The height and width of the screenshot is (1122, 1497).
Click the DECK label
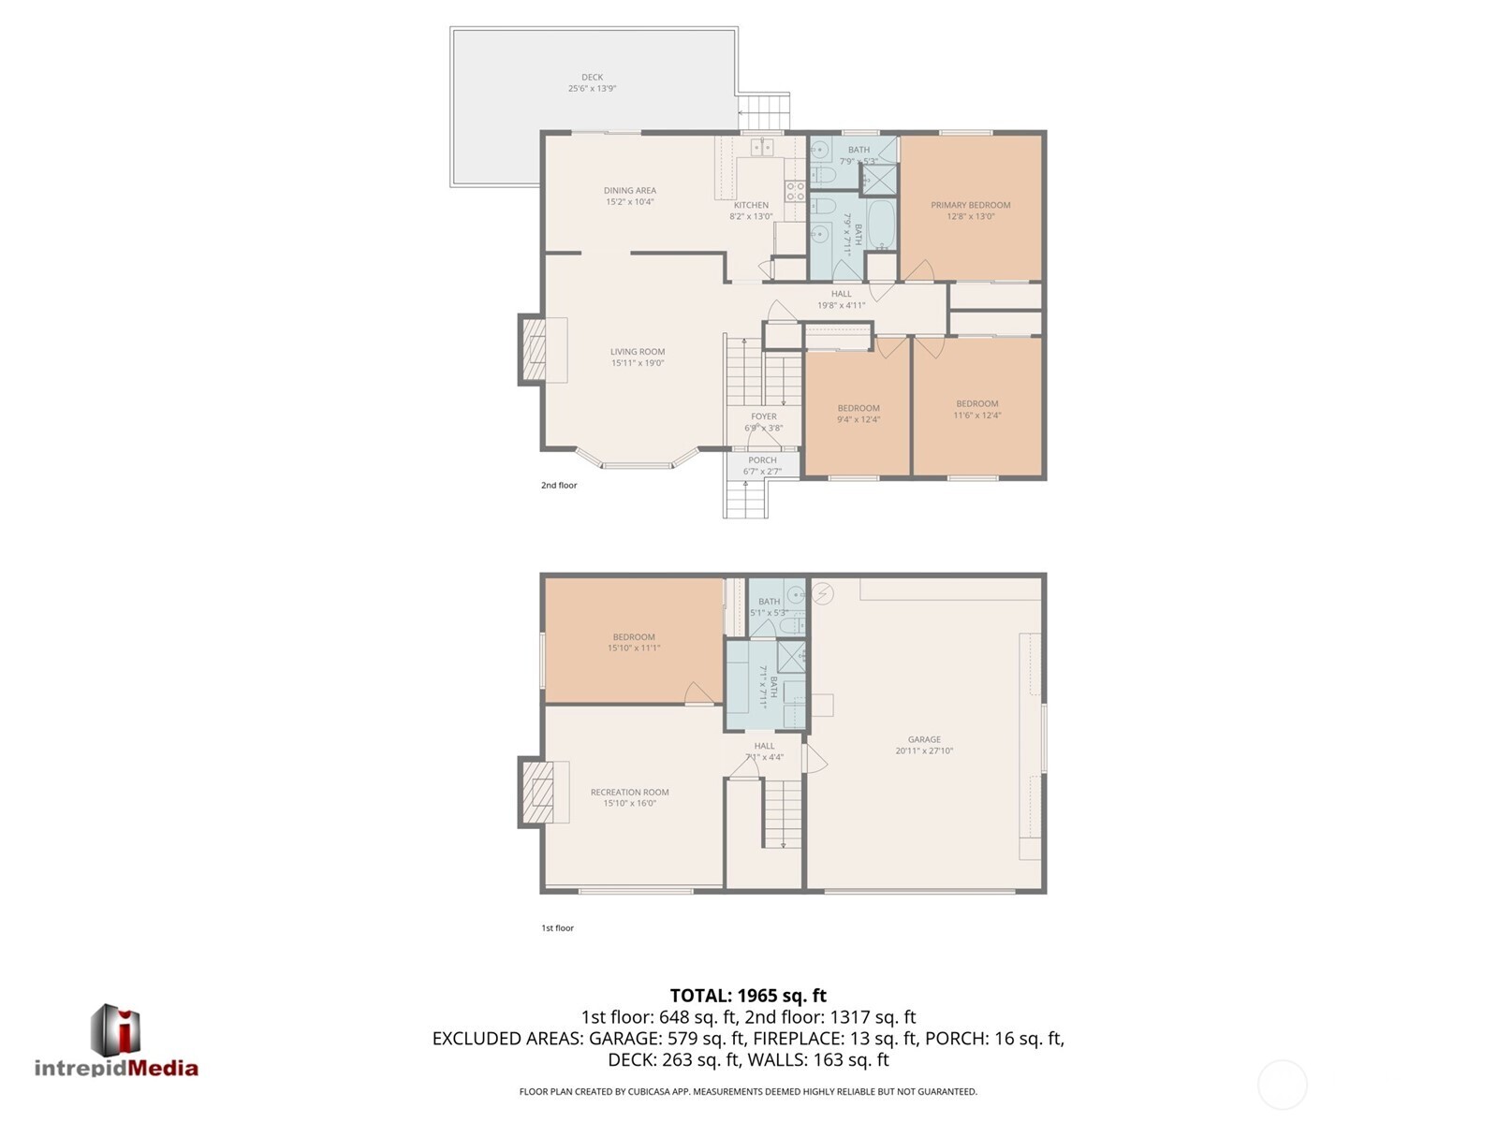click(x=592, y=78)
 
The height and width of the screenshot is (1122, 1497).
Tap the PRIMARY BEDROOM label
click(x=970, y=205)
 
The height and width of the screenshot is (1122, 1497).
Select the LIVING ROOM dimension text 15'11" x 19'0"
click(x=638, y=363)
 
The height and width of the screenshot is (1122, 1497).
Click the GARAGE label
click(x=924, y=739)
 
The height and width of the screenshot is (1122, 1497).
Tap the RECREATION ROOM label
click(x=629, y=793)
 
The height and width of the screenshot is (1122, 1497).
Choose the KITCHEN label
click(x=751, y=205)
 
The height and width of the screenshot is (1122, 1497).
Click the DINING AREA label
click(x=629, y=191)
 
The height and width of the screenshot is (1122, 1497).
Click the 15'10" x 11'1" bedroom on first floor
click(x=634, y=642)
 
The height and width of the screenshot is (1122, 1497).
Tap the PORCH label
click(x=762, y=460)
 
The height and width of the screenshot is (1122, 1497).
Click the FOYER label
click(x=763, y=416)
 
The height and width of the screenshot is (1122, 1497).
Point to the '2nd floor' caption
click(x=559, y=486)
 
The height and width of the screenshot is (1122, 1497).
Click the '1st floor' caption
click(x=557, y=928)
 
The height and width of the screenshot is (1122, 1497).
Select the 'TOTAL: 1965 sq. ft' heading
click(x=748, y=996)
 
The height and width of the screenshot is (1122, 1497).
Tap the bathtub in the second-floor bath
click(x=882, y=224)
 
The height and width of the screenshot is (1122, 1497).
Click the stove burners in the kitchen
click(x=795, y=191)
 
